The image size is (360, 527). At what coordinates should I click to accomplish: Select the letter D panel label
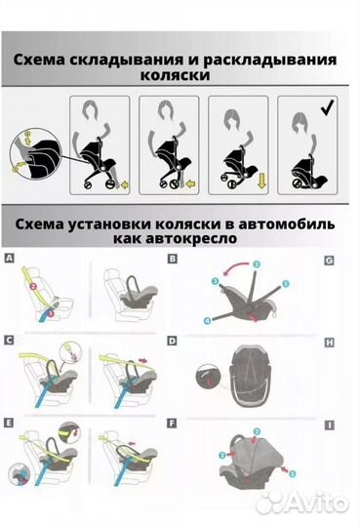point(172,340)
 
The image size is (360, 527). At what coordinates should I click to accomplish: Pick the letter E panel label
point(10,424)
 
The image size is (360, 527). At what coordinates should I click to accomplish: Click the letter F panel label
point(172,424)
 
